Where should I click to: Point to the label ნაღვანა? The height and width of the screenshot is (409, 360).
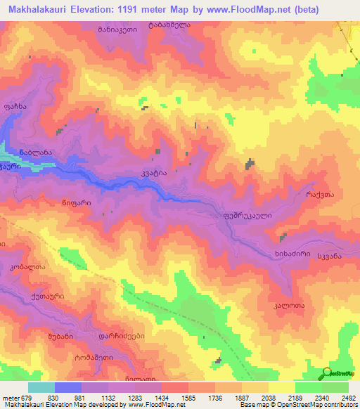coord(37,152)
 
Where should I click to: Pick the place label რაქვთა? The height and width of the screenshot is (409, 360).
coord(319,193)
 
